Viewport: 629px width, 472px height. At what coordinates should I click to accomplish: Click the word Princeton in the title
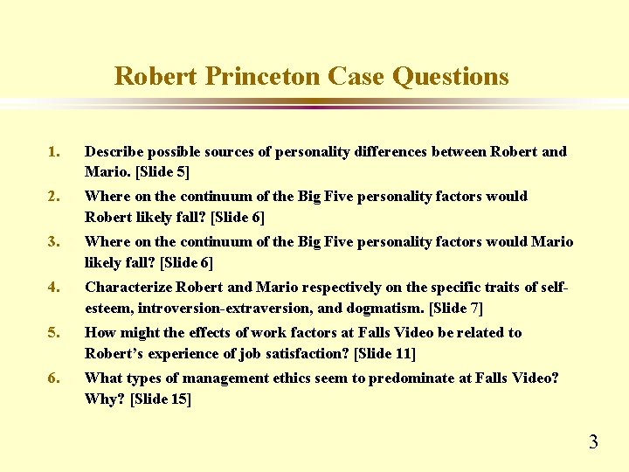pos(263,77)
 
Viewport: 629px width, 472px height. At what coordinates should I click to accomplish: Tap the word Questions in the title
pos(450,77)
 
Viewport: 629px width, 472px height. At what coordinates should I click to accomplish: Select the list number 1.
pos(53,152)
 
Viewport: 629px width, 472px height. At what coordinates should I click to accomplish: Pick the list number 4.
pos(53,287)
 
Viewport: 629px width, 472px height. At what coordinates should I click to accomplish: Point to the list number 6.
pos(53,378)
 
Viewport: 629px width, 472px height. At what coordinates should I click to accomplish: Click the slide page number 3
pos(593,441)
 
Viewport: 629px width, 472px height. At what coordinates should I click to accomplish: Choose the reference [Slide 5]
pos(159,171)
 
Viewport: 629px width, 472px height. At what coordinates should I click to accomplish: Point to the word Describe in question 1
pos(116,152)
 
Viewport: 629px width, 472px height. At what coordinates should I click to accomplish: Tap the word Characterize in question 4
pos(128,287)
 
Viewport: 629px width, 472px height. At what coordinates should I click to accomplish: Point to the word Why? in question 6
pos(101,399)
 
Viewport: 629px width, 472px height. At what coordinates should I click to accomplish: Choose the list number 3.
pos(53,241)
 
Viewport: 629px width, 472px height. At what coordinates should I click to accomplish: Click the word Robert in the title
pos(157,77)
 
